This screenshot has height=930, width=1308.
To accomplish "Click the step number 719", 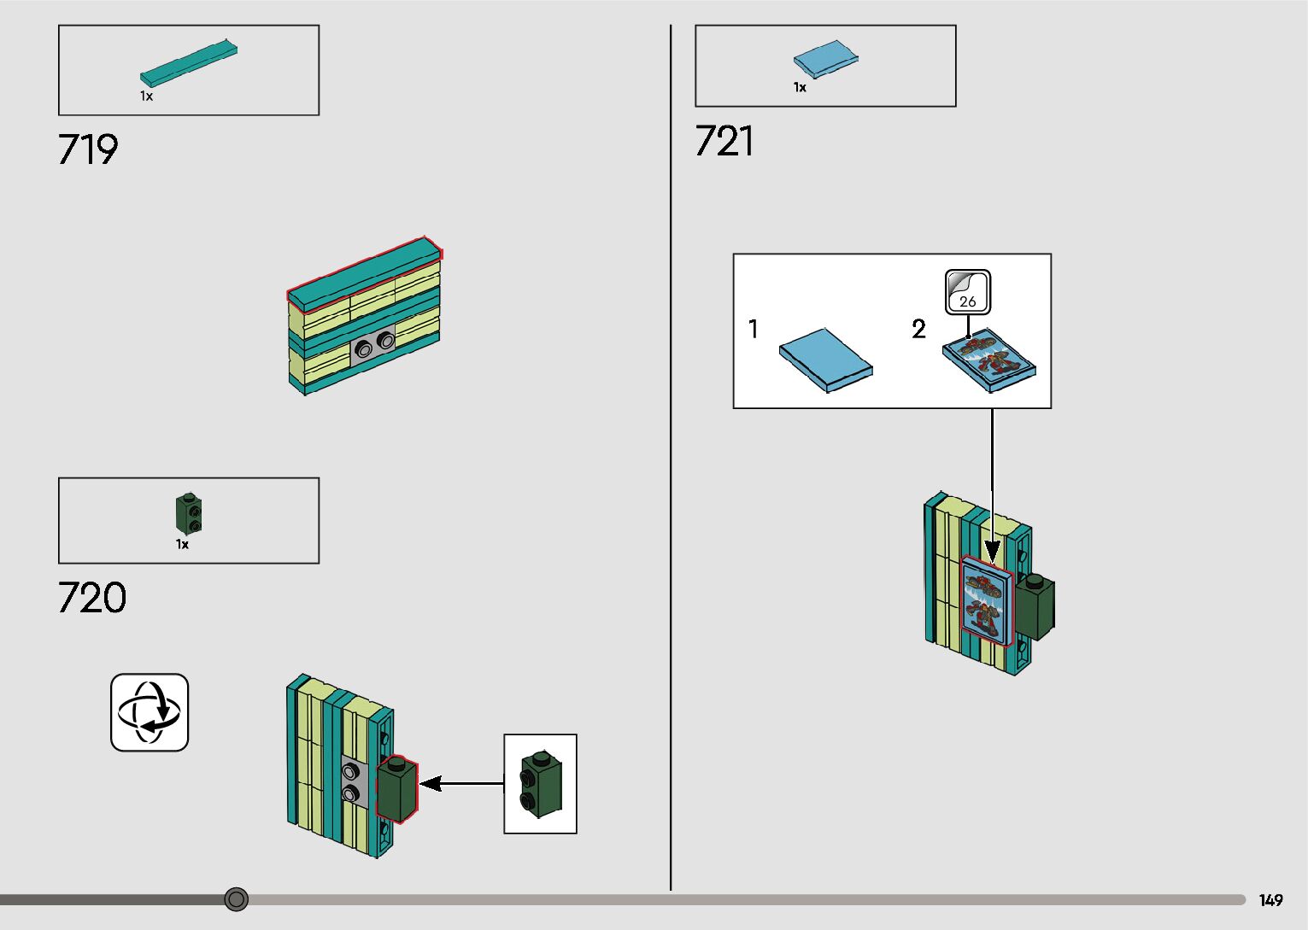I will tap(88, 149).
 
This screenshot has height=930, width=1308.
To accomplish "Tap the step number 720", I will tap(92, 598).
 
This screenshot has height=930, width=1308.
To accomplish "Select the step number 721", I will tap(724, 141).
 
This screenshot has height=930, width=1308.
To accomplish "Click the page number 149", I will tap(1270, 900).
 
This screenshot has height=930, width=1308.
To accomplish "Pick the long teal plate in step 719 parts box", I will tap(189, 63).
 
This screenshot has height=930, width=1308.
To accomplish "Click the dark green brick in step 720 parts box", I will tap(189, 513).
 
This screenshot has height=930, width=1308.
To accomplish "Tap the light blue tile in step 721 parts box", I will tap(825, 60).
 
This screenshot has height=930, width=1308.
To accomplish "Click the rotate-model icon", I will tap(150, 712).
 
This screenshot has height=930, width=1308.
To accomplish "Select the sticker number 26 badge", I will tap(968, 293).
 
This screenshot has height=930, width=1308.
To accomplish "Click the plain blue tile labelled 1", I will tap(825, 360).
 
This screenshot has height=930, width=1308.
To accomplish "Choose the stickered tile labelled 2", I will tap(988, 360).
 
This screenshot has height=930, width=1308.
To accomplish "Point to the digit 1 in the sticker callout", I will tap(753, 329).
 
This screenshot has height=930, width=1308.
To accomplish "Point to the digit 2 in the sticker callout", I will tap(918, 329).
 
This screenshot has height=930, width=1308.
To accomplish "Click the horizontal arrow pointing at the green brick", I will tap(461, 783).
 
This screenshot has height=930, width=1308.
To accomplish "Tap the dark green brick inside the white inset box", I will tap(541, 783).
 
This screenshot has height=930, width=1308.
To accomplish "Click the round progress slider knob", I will tap(237, 898).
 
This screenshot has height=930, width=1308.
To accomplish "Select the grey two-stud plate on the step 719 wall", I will tap(374, 346).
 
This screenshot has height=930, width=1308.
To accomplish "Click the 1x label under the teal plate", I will tap(146, 97).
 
